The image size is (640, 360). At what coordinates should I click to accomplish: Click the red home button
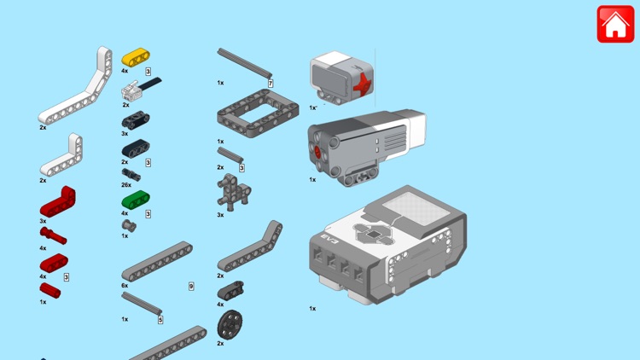point(615,24)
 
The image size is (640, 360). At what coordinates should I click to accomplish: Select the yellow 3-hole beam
point(136,57)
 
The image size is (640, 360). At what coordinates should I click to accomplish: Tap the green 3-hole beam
point(136,200)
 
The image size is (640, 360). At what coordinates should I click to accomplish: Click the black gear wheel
point(230,325)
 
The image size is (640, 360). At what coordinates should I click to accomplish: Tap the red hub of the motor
point(318,152)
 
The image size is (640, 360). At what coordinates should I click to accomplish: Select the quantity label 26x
point(126,185)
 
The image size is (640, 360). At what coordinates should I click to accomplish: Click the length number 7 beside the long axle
point(271,84)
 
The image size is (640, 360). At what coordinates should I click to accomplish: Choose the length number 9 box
point(191,287)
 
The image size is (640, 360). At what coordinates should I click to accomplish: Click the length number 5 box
point(160,320)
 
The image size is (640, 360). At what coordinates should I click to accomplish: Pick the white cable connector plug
point(131,91)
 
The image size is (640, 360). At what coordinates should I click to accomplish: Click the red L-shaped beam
point(57,201)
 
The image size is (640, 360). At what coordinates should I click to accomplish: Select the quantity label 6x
point(125,286)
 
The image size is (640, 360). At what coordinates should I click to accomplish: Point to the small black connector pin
point(131,175)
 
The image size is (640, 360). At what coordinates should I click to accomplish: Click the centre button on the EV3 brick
point(373,235)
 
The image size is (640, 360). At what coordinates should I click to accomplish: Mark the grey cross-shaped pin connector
point(234,192)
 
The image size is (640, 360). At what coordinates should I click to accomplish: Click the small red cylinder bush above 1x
point(49,291)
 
